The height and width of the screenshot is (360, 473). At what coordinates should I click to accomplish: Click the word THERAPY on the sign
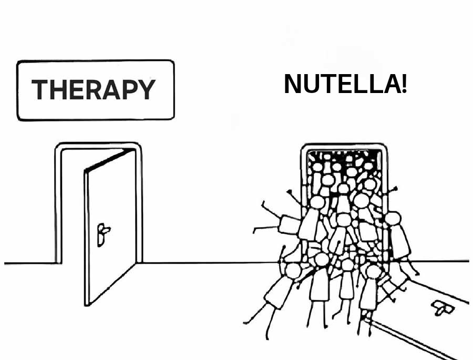94,90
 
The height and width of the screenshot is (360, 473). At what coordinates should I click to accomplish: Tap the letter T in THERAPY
39,90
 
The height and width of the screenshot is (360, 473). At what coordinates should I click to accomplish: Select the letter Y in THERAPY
148,90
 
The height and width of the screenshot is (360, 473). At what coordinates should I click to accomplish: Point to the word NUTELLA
342,84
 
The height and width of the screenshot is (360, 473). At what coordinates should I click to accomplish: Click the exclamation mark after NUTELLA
405,84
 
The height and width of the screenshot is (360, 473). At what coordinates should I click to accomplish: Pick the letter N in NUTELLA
293,84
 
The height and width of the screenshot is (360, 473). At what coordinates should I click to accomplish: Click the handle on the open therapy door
102,234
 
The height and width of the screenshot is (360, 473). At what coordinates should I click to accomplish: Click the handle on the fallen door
443,308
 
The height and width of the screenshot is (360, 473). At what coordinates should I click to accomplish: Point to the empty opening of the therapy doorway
73,205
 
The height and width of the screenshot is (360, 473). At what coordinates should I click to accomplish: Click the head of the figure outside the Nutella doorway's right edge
393,218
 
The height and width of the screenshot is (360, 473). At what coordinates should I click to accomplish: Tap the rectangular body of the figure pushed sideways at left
290,225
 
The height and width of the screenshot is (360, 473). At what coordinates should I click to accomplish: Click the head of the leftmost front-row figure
293,270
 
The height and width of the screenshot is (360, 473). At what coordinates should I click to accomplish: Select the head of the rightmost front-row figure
374,272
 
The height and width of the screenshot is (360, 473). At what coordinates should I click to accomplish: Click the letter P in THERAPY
130,90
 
